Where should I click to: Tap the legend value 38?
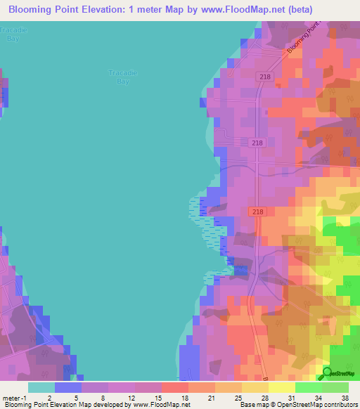345,398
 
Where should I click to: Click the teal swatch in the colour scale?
41,387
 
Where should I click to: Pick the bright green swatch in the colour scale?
308,387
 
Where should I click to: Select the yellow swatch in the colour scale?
281,387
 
